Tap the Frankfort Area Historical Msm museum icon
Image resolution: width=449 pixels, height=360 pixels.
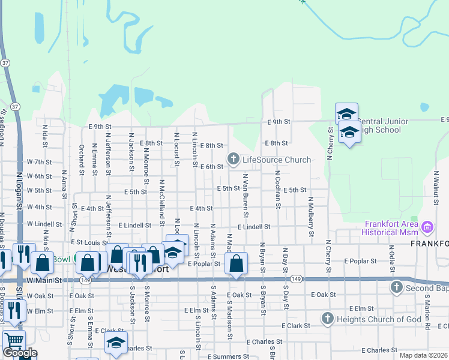coord(427,228)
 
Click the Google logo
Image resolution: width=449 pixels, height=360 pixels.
coord(20,353)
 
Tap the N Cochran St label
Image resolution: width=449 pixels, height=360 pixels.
coord(277,189)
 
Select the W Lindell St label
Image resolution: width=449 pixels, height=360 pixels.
coord(44,224)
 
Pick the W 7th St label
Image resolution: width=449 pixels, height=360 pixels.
coord(40,162)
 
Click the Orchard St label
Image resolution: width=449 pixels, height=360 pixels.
coord(81,160)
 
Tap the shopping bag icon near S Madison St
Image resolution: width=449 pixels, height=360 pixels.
coord(236,263)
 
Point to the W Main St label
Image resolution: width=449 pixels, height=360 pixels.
coord(44,280)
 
